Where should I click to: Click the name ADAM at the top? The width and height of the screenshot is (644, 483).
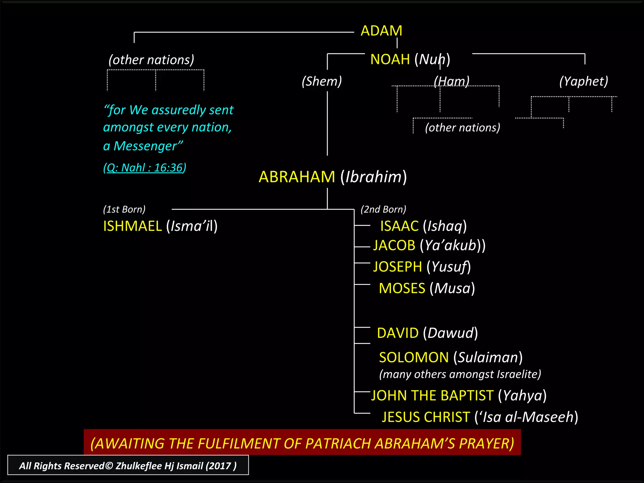381,31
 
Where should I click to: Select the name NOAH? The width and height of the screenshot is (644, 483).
390,59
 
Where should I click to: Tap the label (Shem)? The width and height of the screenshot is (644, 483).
322,81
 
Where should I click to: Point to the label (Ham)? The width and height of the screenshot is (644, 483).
452,81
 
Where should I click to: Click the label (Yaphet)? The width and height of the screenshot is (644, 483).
584,81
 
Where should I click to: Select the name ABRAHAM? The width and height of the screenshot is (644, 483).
297,177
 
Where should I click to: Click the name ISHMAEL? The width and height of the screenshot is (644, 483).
132,226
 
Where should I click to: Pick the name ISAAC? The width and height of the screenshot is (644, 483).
399,226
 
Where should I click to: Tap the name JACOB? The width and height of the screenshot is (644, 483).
394,245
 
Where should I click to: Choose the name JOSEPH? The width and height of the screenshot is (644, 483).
397,267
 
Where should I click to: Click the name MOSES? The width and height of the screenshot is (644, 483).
402,288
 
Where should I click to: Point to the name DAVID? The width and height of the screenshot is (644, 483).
398,333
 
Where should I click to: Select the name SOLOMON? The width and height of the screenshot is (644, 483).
414,358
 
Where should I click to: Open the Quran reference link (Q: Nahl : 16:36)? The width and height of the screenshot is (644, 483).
145,168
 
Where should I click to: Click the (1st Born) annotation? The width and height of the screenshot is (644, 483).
124,209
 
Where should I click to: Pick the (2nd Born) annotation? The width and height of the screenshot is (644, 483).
383,209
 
